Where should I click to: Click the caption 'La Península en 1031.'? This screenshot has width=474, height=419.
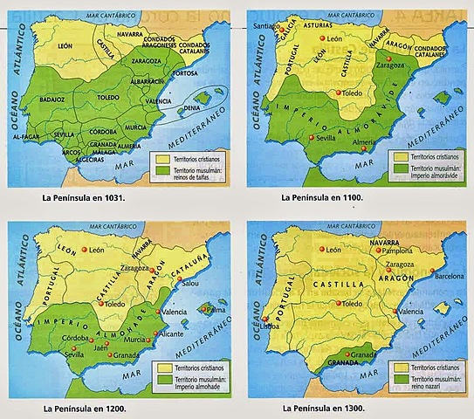pyautogui.click(x=85, y=197)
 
